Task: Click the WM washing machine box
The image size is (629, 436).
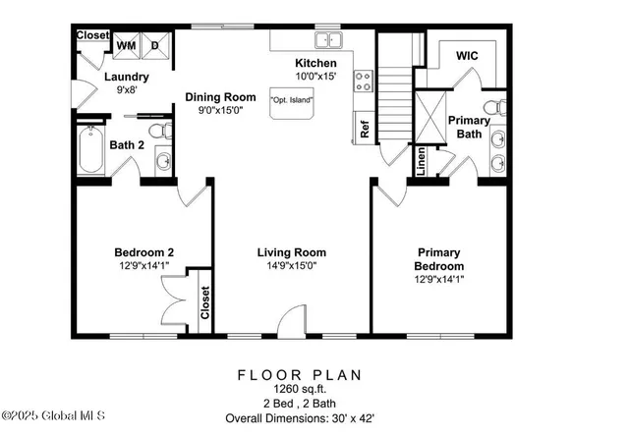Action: [127, 45]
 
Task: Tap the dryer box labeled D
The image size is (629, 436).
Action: [155, 45]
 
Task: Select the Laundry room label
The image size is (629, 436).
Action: [127, 77]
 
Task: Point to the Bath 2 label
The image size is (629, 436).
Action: [127, 145]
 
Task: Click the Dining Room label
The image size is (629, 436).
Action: [219, 97]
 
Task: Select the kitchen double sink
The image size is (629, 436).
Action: [328, 40]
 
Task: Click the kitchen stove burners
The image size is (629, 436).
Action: [363, 80]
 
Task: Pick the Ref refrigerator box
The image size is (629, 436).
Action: [363, 128]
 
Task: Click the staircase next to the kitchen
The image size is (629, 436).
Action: [393, 98]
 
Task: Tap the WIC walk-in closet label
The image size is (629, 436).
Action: [467, 57]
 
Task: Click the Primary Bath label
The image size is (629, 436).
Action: [469, 128]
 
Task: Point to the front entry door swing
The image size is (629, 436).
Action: [291, 320]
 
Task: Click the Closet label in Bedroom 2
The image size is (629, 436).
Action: [204, 303]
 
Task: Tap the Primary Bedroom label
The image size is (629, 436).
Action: [439, 258]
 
